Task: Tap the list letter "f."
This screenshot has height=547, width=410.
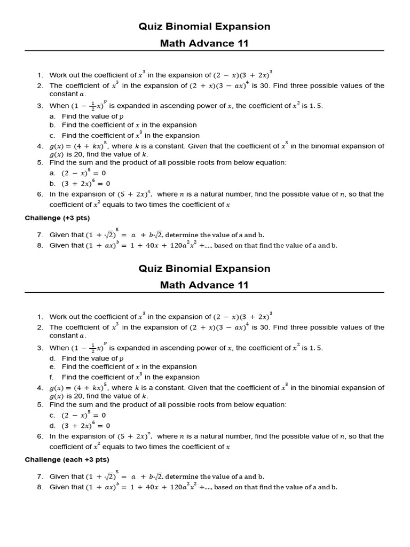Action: (52, 377)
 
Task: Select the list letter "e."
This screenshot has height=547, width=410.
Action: (52, 367)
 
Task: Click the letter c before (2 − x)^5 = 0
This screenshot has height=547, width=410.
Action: (52, 415)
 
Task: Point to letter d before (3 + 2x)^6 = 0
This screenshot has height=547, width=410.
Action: (52, 426)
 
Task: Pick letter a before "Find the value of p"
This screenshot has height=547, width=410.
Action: (52, 116)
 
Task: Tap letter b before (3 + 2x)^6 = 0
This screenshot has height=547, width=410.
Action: (52, 184)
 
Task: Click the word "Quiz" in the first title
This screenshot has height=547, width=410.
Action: (150, 27)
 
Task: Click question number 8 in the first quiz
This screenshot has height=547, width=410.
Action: (40, 246)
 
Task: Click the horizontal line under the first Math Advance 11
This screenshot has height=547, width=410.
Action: (204, 51)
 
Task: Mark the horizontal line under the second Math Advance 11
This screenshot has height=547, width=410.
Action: (204, 293)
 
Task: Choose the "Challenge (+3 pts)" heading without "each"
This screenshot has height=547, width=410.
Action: (57, 218)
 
